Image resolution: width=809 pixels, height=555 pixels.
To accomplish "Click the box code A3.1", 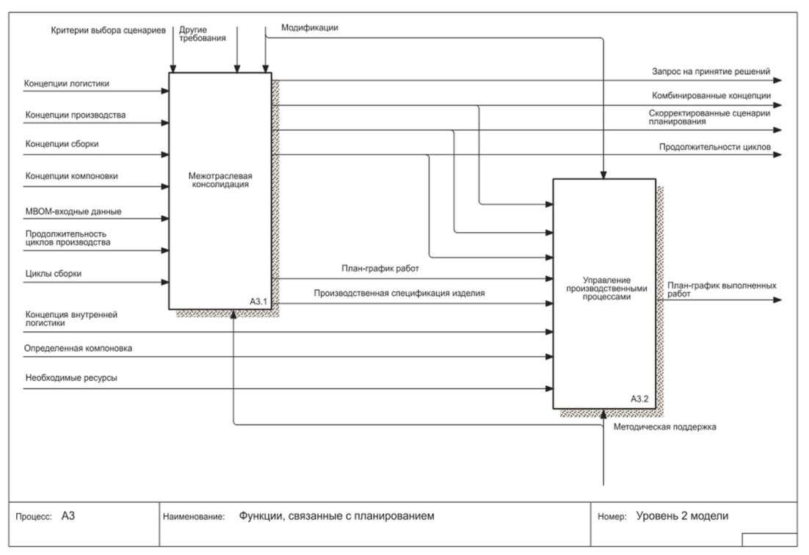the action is click(x=258, y=301).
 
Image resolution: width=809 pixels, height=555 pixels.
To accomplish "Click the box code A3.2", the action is click(x=639, y=399).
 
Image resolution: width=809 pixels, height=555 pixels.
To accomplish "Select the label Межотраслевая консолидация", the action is click(x=220, y=180).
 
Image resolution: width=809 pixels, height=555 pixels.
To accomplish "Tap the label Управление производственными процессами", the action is click(x=606, y=289).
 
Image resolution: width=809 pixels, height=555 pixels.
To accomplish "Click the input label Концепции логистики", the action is click(x=67, y=84).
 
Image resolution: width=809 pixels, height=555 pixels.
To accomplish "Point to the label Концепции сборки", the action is click(x=62, y=144).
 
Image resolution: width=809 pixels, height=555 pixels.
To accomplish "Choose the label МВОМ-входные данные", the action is click(x=73, y=211).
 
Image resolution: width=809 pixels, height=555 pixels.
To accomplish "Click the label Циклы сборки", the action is click(x=53, y=274).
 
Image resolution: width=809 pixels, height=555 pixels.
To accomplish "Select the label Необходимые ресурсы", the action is click(x=71, y=377).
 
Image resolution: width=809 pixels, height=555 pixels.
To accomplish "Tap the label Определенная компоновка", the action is click(x=78, y=348).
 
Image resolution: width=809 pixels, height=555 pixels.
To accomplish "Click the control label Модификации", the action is click(x=310, y=28).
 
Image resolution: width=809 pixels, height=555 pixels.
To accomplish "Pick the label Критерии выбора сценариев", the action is click(x=109, y=30).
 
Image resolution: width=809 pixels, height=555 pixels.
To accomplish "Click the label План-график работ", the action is click(x=380, y=269).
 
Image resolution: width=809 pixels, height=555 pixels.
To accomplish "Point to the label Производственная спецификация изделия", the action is click(x=399, y=294).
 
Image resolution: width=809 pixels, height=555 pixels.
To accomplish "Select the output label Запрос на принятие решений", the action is click(x=711, y=72).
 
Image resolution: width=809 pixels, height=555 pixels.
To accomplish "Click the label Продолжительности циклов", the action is click(x=714, y=147).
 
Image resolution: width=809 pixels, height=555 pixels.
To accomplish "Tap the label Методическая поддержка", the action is click(x=664, y=427).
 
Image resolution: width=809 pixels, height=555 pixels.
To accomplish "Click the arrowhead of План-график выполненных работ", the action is click(x=777, y=300).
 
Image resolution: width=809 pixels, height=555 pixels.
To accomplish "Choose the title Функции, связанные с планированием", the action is click(x=336, y=516).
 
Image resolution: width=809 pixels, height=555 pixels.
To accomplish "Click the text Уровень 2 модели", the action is click(x=682, y=516).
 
